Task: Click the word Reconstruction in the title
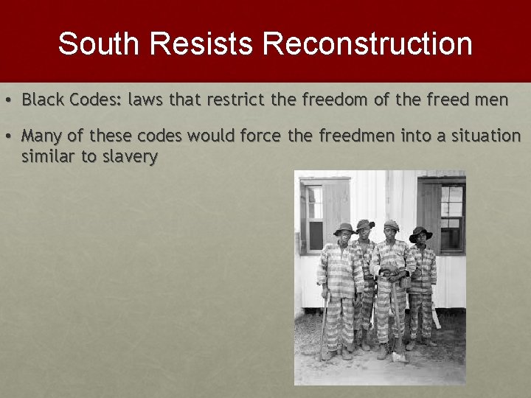tap(367, 43)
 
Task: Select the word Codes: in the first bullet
tap(97, 99)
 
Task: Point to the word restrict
tap(230, 99)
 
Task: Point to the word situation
tap(485, 136)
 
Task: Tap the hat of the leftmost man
tap(344, 229)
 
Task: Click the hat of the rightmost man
tap(420, 233)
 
